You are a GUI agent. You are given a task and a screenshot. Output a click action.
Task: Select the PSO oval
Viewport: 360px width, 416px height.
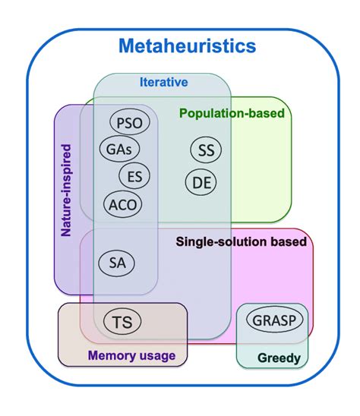131,122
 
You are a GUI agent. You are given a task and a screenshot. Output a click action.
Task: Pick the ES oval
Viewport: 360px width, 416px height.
134,176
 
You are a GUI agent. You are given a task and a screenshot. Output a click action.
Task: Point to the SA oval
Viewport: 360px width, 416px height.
117,263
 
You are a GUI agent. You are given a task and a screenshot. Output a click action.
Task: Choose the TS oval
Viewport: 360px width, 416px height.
122,322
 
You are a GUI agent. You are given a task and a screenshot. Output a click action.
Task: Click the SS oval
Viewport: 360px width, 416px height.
206,150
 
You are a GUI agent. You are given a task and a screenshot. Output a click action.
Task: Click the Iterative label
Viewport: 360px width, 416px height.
163,82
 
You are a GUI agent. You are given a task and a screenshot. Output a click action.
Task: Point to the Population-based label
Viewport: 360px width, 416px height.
232,114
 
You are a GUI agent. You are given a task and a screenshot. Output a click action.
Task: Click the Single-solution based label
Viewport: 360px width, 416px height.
242,242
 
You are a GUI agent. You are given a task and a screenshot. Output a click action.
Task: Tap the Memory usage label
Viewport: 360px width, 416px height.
131,355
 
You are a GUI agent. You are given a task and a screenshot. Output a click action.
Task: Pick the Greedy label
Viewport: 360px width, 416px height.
279,358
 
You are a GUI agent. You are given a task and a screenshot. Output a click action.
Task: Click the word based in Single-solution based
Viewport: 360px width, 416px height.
289,242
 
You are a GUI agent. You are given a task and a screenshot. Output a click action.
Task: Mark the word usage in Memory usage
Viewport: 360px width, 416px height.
156,356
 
